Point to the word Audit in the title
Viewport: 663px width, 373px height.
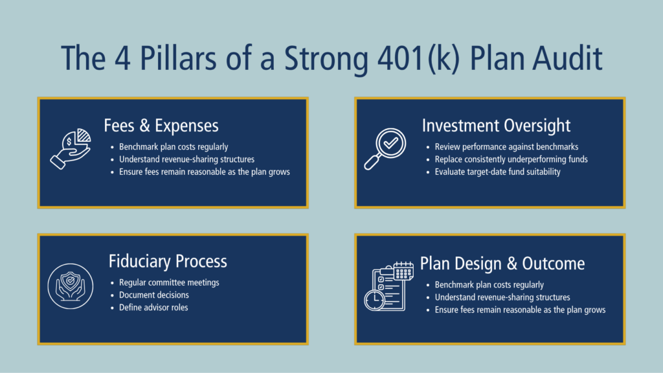563,58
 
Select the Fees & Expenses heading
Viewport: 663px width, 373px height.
161,125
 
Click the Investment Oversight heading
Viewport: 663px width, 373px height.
496,125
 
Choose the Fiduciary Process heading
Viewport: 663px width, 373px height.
168,261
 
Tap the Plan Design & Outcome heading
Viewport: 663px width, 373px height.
502,264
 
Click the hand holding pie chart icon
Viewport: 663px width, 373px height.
71,148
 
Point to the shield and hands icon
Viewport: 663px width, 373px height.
71,286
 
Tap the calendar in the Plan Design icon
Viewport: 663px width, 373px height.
403,270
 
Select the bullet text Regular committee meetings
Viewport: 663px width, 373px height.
169,282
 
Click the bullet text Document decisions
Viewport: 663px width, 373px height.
154,295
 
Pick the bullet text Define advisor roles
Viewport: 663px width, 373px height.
153,307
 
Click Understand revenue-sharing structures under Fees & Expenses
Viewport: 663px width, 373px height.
186,159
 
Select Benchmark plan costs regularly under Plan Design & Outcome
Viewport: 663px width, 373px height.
489,285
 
